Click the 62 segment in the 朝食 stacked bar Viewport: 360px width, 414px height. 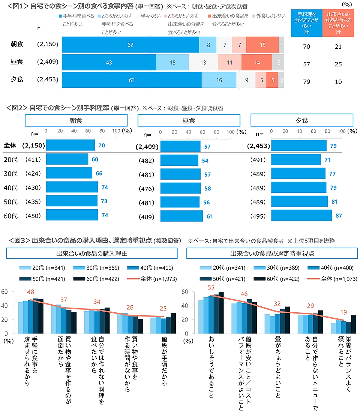pos(130,45)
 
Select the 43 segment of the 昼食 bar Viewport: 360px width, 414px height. pos(109,62)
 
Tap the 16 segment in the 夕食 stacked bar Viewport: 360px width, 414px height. pos(219,80)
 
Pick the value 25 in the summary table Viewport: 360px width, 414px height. pos(338,64)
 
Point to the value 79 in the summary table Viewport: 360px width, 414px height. pos(306,82)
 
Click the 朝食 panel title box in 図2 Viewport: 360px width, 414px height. pos(76,120)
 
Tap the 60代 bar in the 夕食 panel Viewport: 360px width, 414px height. pos(301,216)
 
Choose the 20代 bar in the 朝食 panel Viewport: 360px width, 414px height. pos(67,159)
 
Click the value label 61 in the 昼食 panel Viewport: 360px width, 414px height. pos(210,216)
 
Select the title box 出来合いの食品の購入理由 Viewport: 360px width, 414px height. pos(92,253)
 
